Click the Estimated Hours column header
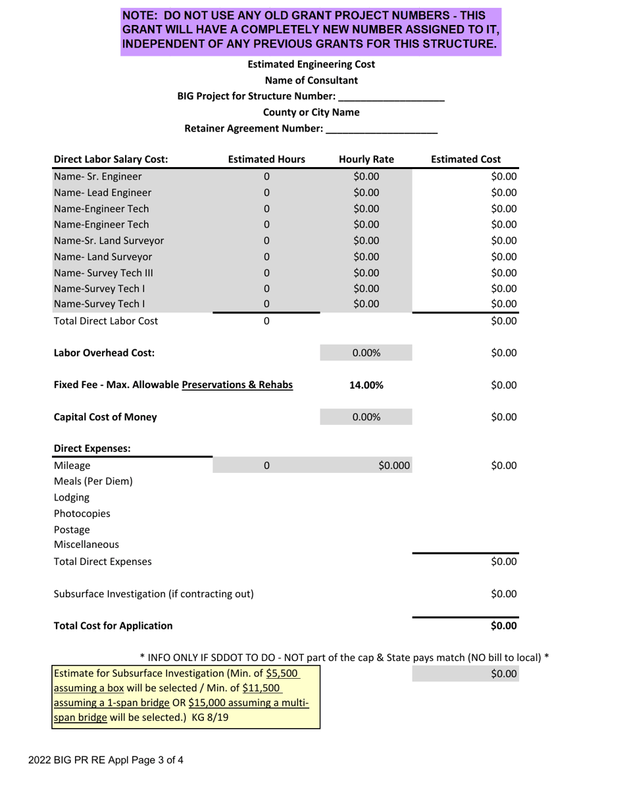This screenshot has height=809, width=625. tap(266, 159)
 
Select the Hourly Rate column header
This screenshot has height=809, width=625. tap(366, 159)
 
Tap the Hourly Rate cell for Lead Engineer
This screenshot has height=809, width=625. tap(366, 193)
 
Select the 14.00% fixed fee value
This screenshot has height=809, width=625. tap(366, 385)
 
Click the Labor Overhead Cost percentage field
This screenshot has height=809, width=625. tap(366, 353)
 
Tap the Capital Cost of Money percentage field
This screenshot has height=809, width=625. tap(366, 417)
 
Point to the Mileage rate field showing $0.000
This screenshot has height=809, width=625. tap(366, 466)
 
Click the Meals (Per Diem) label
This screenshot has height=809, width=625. tap(93, 481)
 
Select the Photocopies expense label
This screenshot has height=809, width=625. tap(82, 513)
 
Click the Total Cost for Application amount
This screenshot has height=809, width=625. tap(504, 625)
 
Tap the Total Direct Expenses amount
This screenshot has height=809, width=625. tap(504, 562)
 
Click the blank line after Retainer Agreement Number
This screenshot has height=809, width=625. tap(382, 130)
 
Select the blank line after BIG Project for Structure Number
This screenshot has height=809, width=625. tap(391, 97)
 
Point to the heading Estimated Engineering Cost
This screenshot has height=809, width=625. tap(311, 64)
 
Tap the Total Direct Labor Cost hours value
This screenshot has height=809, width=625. tap(266, 322)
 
